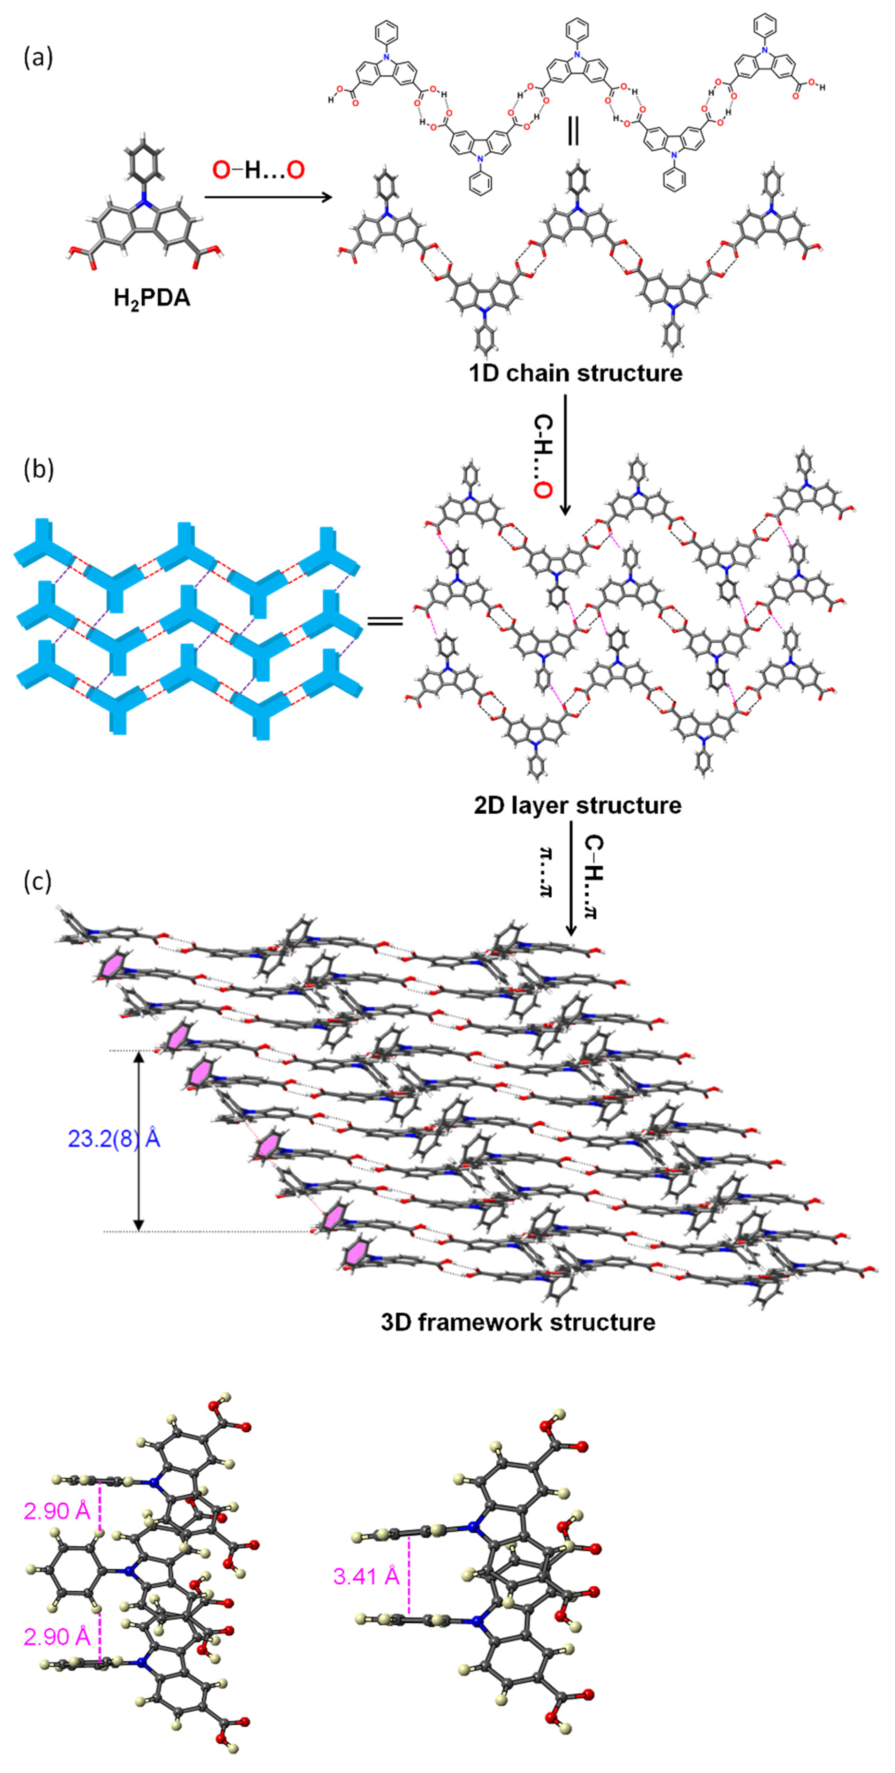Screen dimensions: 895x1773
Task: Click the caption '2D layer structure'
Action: (x=577, y=805)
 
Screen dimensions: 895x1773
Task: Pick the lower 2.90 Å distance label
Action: (x=57, y=1636)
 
